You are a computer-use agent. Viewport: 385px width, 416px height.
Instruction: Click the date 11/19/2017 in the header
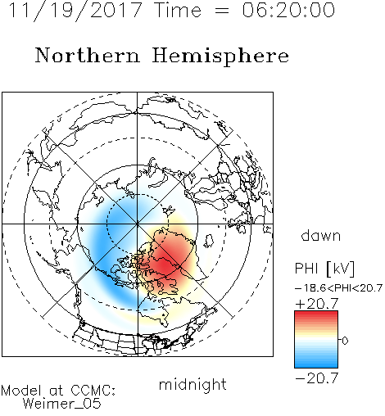(x=75, y=11)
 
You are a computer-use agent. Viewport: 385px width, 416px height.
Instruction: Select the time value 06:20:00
(x=288, y=10)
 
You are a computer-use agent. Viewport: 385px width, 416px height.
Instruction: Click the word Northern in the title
(x=88, y=56)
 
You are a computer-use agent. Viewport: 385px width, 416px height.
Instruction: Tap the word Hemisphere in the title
(x=220, y=57)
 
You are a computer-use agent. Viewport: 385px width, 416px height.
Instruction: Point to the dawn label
(x=321, y=235)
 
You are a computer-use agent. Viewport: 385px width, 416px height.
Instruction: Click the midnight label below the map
(x=192, y=384)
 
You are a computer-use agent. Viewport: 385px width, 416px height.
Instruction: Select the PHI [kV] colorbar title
(x=324, y=269)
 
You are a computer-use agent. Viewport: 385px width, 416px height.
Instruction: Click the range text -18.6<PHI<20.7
(x=338, y=288)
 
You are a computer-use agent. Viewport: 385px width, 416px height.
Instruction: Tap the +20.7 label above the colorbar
(x=317, y=304)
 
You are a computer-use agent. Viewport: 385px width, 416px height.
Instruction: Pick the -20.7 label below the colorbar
(x=317, y=378)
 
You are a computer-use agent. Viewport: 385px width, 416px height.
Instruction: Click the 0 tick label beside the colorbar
(x=345, y=341)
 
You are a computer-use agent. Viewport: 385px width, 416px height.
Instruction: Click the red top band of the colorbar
(x=316, y=315)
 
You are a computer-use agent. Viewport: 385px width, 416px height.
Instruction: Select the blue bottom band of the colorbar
(x=316, y=363)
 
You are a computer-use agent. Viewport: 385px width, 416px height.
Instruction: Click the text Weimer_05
(x=62, y=404)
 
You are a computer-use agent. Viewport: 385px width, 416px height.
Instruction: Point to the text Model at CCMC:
(x=58, y=391)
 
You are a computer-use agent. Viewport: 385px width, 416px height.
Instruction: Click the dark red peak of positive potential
(x=163, y=265)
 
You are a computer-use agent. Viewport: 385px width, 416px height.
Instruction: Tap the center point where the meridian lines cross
(x=137, y=224)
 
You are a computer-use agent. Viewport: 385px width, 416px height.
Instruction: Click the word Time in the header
(x=178, y=10)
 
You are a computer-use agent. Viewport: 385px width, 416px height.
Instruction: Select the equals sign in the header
(x=222, y=11)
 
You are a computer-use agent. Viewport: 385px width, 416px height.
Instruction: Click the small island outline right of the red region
(x=209, y=240)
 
